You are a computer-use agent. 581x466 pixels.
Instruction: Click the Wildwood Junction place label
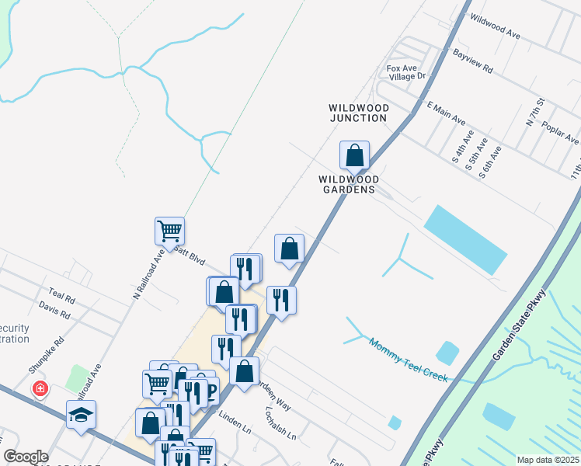pos(357,113)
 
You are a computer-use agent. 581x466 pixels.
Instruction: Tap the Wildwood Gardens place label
pos(347,183)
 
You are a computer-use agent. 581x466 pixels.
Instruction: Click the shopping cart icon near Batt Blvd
pos(169,231)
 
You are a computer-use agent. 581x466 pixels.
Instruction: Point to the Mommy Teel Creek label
pos(409,358)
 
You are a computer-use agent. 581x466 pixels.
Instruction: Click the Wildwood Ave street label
pos(495,27)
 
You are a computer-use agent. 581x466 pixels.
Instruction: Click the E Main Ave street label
pos(445,113)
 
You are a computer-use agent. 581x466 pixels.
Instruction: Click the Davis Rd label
pos(54,310)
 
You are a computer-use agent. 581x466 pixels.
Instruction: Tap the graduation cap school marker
pos(81,414)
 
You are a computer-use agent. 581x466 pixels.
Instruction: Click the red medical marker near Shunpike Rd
pos(40,388)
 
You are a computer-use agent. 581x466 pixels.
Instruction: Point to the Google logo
pos(26,457)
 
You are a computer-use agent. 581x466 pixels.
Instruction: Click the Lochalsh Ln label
pos(281,423)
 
